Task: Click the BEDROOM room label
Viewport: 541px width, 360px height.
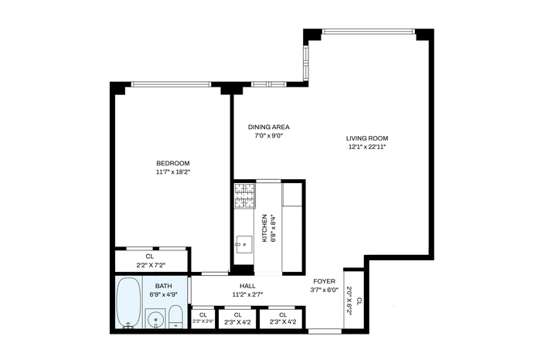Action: point(173,163)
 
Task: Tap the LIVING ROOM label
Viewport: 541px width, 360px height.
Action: point(367,138)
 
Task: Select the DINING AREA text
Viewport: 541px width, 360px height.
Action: point(269,127)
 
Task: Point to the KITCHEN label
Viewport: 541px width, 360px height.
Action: point(264,228)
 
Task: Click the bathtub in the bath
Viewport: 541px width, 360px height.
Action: point(129,302)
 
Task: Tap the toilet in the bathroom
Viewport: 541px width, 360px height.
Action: point(175,317)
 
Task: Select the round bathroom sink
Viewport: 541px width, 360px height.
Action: point(155,318)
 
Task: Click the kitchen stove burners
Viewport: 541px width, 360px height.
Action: point(245,196)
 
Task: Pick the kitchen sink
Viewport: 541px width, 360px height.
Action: point(244,244)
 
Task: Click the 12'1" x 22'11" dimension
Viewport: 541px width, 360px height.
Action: point(367,147)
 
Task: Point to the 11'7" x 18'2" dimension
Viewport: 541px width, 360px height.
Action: point(173,172)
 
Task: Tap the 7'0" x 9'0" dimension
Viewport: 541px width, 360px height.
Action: point(269,135)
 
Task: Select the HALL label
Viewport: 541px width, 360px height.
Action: point(248,286)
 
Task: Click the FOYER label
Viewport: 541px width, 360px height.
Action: point(325,281)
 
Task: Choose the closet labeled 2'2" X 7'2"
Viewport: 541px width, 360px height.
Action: point(151,260)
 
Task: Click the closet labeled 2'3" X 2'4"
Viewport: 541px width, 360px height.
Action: point(202,318)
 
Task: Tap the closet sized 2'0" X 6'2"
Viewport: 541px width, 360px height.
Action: point(354,299)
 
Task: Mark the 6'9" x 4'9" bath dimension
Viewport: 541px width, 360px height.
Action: point(164,294)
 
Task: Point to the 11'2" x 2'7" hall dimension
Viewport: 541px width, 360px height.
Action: point(248,294)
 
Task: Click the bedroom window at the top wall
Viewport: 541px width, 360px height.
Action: point(171,84)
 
